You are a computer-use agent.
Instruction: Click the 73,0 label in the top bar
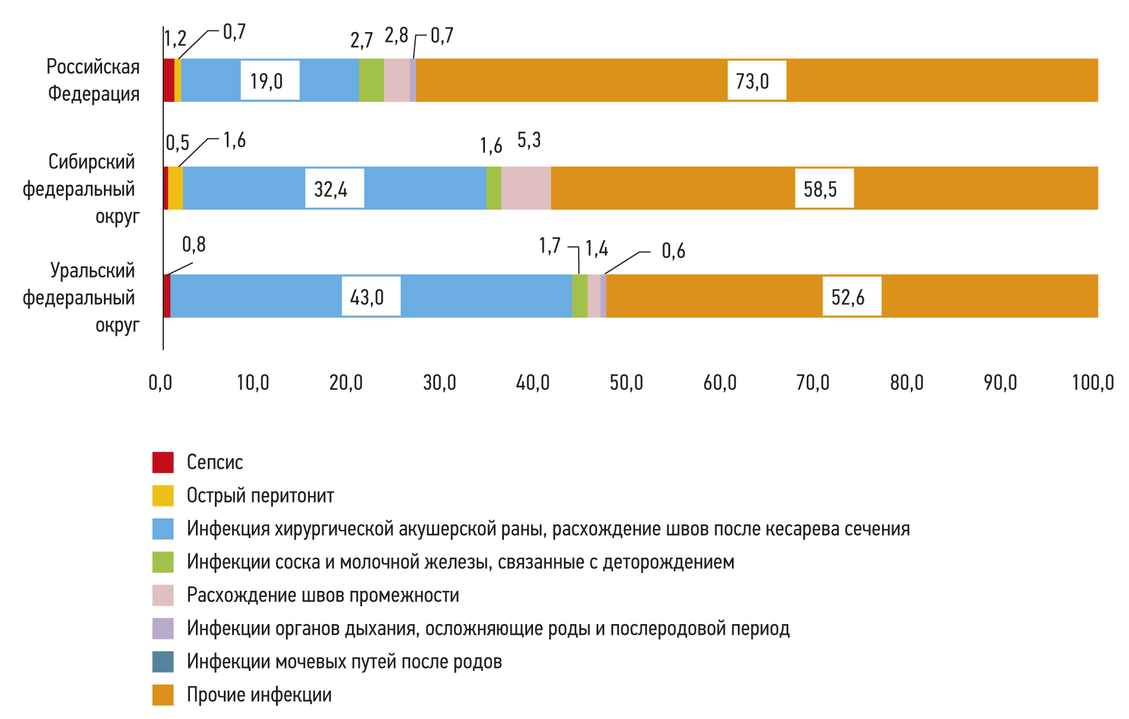click(x=753, y=81)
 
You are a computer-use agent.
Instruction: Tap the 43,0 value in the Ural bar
click(x=367, y=297)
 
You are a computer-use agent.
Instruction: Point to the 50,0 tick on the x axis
click(x=626, y=383)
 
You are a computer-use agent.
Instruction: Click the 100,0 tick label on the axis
click(x=1093, y=383)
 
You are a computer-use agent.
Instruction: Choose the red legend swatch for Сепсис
click(x=163, y=462)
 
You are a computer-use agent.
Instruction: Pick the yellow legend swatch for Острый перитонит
click(x=163, y=495)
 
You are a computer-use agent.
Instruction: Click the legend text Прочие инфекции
click(x=259, y=695)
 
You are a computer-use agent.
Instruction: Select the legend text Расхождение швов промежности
click(x=323, y=595)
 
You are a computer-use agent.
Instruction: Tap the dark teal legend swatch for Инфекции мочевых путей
click(x=163, y=661)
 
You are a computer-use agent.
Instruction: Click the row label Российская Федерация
click(x=93, y=80)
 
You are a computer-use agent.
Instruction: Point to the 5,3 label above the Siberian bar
click(x=529, y=141)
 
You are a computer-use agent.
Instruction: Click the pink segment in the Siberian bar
click(x=526, y=188)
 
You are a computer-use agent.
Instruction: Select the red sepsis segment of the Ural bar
click(x=167, y=296)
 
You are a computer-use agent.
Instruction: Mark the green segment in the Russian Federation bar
click(x=372, y=80)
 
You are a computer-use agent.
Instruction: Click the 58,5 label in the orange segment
click(x=820, y=189)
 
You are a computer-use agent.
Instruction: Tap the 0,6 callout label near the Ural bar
click(x=673, y=251)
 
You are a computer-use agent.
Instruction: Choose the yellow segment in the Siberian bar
click(x=176, y=188)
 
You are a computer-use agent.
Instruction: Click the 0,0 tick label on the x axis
click(x=160, y=383)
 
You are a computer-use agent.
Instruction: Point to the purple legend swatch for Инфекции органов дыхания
click(x=163, y=628)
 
